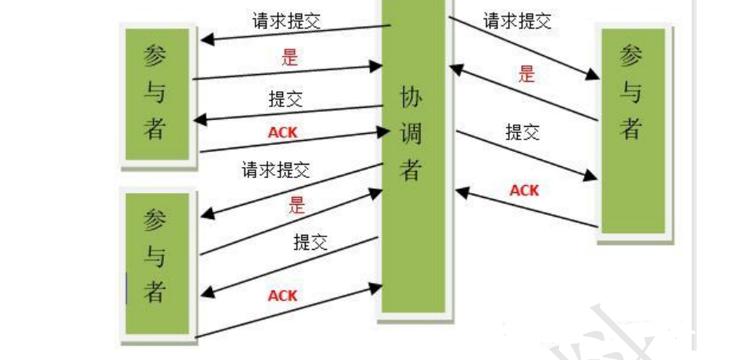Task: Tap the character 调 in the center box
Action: click(411, 134)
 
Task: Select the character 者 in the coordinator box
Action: click(411, 169)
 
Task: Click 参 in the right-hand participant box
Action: click(631, 58)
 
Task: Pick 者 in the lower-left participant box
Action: click(155, 293)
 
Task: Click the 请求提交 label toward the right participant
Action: click(517, 20)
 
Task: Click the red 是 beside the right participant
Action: click(527, 74)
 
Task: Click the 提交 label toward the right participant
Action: click(523, 132)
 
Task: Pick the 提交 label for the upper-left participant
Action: click(285, 99)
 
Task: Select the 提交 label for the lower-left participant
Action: click(310, 241)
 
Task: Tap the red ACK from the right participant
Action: click(524, 190)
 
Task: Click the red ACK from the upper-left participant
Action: click(283, 132)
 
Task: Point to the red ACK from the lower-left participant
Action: click(283, 295)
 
